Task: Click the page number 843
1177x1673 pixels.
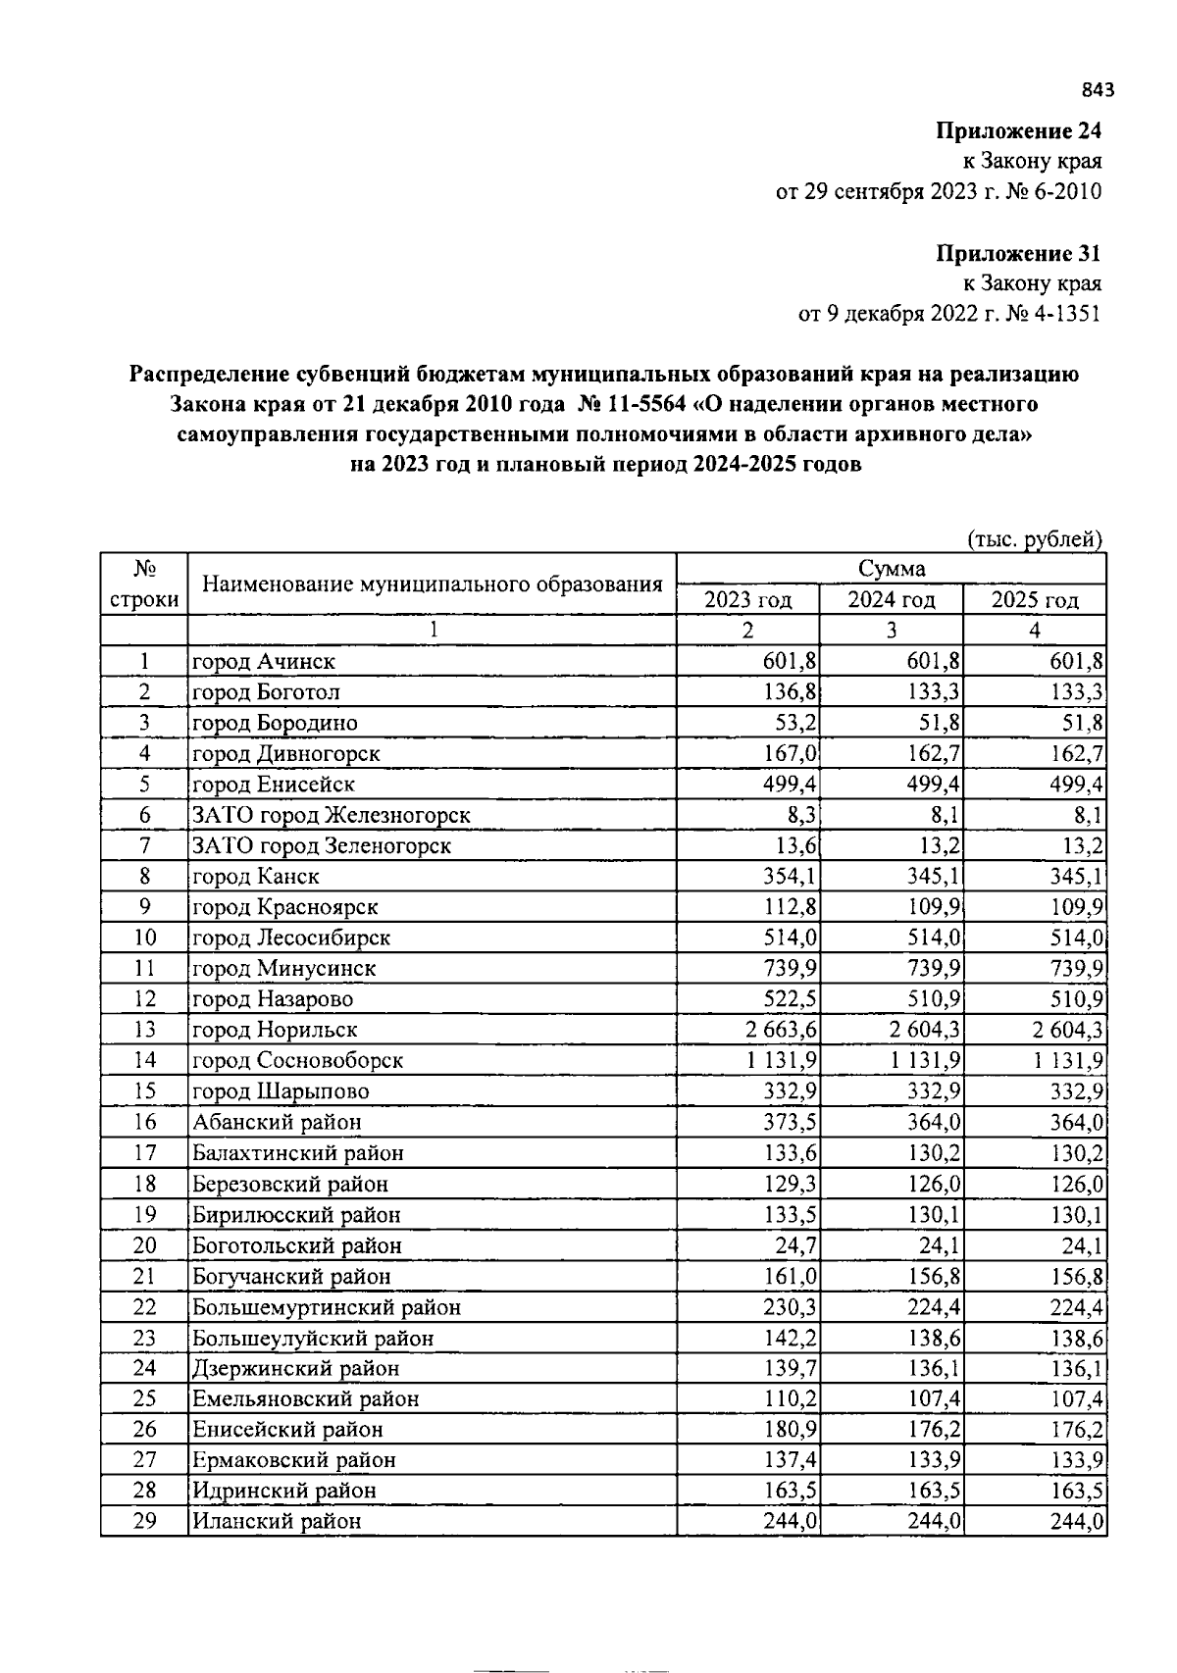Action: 1098,91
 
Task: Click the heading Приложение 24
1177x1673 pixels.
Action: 1018,131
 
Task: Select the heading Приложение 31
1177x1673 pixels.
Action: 1018,254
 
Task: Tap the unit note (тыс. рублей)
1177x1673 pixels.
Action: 1035,539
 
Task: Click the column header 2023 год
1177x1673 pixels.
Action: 747,600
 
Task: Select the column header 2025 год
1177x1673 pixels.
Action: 1035,600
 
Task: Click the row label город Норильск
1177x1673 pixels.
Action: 275,1030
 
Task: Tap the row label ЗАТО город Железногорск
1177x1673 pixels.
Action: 332,815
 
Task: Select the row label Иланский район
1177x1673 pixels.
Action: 277,1521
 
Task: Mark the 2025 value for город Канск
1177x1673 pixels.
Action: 1076,876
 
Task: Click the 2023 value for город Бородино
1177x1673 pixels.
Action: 795,723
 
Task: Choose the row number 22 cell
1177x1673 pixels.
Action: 144,1307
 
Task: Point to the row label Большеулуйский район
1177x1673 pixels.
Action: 313,1338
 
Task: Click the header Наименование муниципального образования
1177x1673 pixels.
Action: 432,585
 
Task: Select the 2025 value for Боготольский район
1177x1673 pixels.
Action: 1082,1245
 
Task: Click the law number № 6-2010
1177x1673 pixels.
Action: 1059,192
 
